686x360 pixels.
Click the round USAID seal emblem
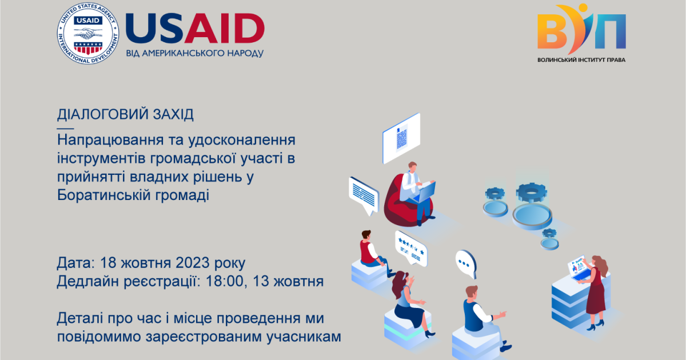click(x=88, y=33)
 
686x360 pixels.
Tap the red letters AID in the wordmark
click(x=225, y=28)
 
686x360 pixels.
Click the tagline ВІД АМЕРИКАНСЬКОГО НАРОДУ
click(x=195, y=53)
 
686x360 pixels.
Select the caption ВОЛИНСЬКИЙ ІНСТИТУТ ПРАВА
click(x=581, y=60)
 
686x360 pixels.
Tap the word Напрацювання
click(x=110, y=141)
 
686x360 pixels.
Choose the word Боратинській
click(x=103, y=195)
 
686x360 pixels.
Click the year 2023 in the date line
click(x=192, y=263)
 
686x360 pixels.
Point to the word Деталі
click(x=80, y=318)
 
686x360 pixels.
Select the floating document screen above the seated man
click(x=401, y=138)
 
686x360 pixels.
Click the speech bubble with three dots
click(x=466, y=263)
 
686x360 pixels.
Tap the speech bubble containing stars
click(x=410, y=248)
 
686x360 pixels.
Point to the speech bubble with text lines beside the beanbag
click(x=364, y=195)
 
